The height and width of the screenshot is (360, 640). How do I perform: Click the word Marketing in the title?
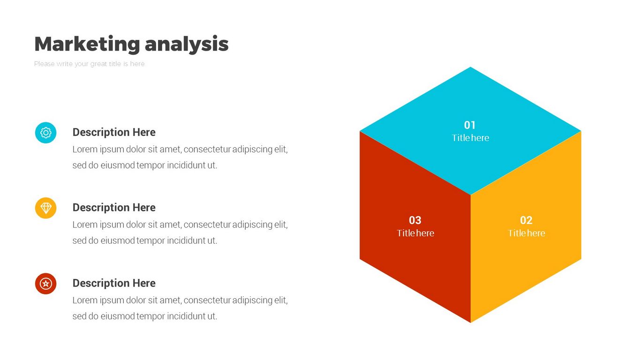(x=87, y=44)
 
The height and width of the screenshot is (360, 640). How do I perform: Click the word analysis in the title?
(x=187, y=45)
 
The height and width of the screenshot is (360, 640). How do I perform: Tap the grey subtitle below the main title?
(x=89, y=64)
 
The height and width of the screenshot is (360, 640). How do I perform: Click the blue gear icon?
(x=46, y=133)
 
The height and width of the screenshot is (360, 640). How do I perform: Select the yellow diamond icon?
(x=46, y=208)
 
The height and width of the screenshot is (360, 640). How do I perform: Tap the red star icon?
(x=46, y=284)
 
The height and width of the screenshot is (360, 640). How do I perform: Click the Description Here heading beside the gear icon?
(x=114, y=132)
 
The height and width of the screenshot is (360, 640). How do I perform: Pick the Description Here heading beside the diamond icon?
(x=114, y=208)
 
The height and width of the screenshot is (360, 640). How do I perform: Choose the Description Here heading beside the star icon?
(x=114, y=283)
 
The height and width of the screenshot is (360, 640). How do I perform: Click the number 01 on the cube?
(x=470, y=125)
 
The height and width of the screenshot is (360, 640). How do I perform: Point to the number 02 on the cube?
(x=526, y=220)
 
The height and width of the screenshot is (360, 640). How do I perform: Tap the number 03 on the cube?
(x=415, y=220)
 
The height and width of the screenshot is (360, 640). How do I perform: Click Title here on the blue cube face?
(x=470, y=138)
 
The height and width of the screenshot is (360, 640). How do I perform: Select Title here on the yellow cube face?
(x=526, y=233)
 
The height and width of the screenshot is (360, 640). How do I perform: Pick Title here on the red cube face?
(x=415, y=233)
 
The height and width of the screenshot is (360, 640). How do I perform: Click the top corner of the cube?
(x=470, y=67)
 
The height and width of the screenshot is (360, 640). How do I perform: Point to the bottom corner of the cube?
(x=470, y=322)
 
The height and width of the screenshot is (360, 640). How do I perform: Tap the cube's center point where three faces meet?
(x=470, y=195)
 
